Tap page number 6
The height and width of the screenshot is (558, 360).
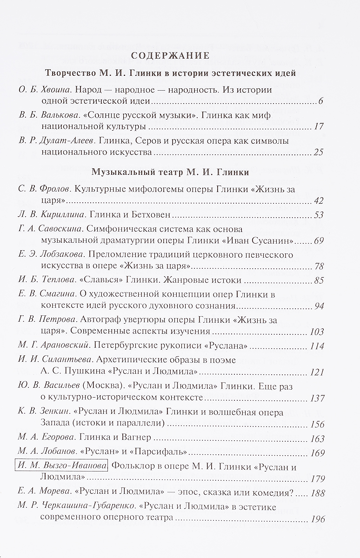[320, 102]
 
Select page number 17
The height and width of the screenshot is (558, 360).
[318, 127]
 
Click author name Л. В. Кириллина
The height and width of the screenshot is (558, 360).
[46, 215]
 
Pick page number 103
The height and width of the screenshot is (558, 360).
[316, 332]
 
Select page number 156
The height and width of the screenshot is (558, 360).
[316, 424]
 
